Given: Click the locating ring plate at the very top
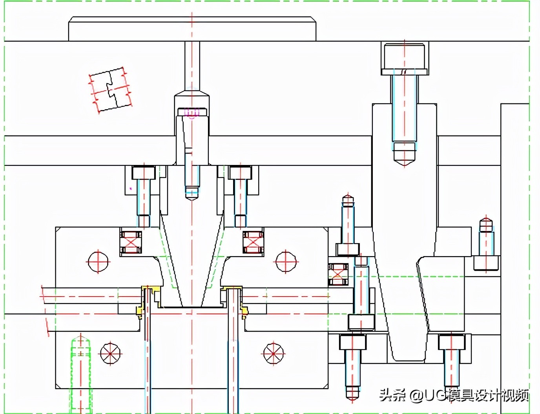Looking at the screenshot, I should click(x=192, y=29).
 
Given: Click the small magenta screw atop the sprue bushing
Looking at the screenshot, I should click(x=192, y=113).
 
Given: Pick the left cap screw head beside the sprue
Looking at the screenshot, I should click(x=144, y=172).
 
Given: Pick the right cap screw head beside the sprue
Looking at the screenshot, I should click(x=240, y=172).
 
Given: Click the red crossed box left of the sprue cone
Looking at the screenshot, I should click(x=131, y=242).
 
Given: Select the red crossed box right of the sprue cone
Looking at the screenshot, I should click(x=253, y=242).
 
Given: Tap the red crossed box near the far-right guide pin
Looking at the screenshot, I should click(x=338, y=274).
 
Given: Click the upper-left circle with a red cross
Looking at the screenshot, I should click(x=98, y=261).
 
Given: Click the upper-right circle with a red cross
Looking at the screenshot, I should click(x=286, y=261).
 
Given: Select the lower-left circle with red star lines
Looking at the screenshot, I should click(x=110, y=354).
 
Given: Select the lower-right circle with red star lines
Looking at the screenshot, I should click(x=274, y=354).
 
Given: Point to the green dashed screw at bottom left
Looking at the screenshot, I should click(x=81, y=373).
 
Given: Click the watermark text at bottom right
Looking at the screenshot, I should click(x=454, y=395).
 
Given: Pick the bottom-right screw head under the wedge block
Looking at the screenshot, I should click(x=451, y=342).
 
